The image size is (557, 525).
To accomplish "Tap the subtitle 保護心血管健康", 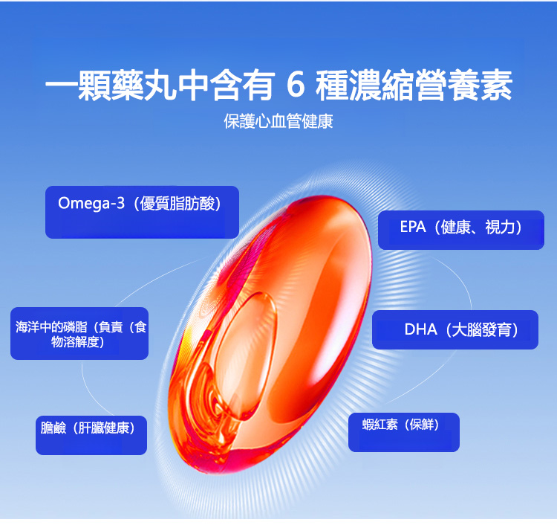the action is [278, 121].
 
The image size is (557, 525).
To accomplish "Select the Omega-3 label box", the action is [142, 212].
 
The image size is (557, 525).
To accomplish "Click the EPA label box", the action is [461, 230].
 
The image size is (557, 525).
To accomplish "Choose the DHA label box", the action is [455, 329].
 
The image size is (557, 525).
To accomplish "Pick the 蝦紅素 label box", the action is [404, 432].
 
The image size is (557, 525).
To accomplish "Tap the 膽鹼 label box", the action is [91, 435].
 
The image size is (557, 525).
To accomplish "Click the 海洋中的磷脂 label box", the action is [79, 333].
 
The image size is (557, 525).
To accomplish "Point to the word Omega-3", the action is [91, 204].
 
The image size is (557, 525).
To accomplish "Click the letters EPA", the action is [413, 227].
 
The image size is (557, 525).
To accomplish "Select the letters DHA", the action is [420, 329].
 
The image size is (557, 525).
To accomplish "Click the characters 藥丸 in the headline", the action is [144, 85].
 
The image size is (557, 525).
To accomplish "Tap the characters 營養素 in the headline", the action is [463, 85].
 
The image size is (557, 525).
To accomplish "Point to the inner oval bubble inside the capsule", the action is [246, 355].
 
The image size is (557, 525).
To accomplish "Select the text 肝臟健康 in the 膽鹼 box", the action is [104, 428].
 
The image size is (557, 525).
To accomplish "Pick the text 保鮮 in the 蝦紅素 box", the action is [421, 425].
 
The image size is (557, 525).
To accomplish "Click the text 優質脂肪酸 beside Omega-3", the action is [177, 204].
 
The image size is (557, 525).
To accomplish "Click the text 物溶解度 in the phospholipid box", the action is [74, 342].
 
